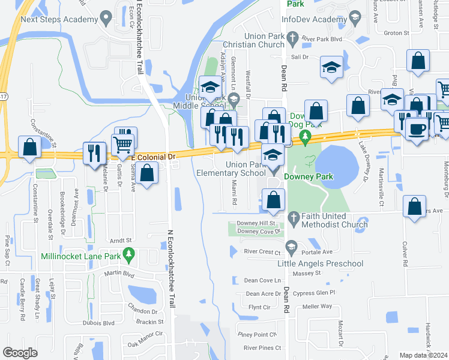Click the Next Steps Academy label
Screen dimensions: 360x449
(x=59, y=19)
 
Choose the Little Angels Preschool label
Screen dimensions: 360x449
(x=328, y=263)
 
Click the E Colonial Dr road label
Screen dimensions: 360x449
(x=154, y=156)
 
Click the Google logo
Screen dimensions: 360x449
(x=20, y=353)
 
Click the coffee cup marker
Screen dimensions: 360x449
(x=417, y=128)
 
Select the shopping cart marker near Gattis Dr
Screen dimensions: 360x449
(x=122, y=143)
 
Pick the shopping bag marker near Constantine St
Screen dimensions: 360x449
(x=29, y=147)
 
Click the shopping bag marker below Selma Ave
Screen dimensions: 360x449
(x=147, y=174)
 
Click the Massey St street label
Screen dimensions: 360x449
(x=307, y=273)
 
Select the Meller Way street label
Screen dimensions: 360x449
(x=318, y=306)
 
